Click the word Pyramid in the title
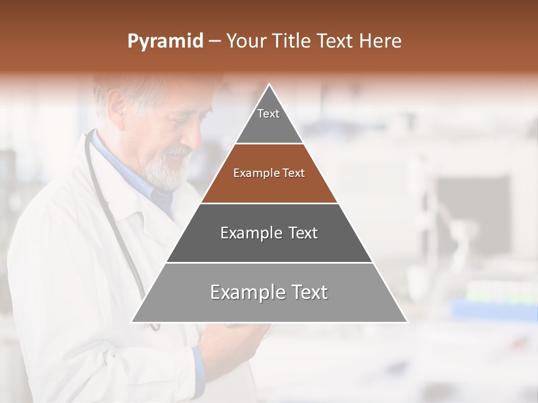[165, 41]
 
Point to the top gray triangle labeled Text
[269, 126]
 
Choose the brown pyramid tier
[269, 188]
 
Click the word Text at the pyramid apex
[268, 114]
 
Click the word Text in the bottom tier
[306, 292]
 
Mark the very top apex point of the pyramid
[270, 85]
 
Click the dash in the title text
[215, 41]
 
